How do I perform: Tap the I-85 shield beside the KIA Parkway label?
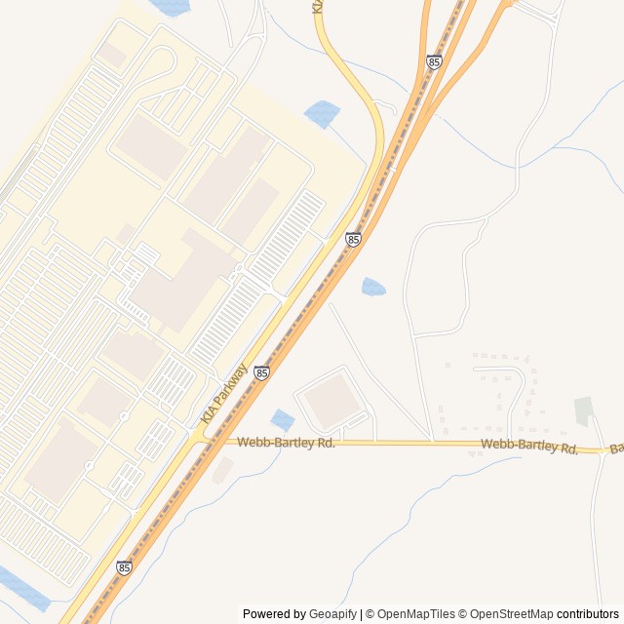click(261, 372)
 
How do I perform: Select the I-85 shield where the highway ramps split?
click(434, 62)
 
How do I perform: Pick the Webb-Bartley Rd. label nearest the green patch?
click(529, 447)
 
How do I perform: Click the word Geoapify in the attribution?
click(333, 614)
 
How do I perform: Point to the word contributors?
click(588, 614)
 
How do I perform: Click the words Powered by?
click(274, 614)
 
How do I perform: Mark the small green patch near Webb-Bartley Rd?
click(583, 410)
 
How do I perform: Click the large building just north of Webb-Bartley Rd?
click(332, 401)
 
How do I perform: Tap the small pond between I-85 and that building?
click(283, 420)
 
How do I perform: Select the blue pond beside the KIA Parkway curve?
click(323, 114)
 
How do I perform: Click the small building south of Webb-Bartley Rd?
click(222, 470)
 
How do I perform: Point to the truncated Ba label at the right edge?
click(616, 449)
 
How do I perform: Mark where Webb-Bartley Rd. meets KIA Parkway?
click(203, 441)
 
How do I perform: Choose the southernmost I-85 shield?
click(124, 567)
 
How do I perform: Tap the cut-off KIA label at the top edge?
click(317, 6)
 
